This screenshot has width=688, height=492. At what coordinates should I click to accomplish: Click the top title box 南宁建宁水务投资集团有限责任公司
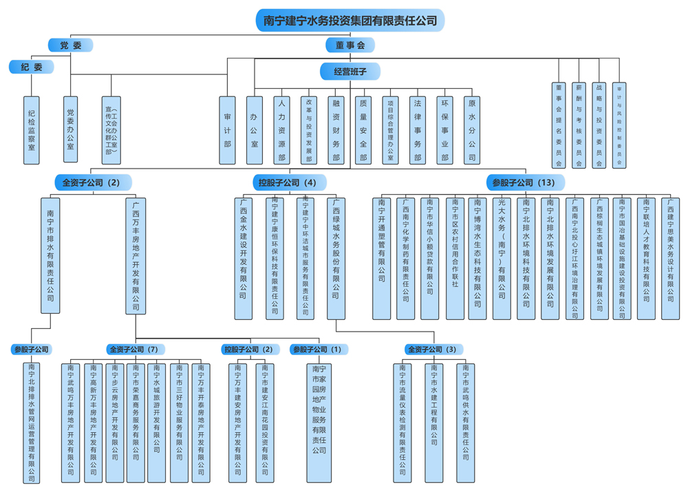pyautogui.click(x=350, y=21)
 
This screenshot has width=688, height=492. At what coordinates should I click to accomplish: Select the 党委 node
pyautogui.click(x=70, y=45)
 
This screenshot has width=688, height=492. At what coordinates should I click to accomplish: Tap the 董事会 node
pyautogui.click(x=350, y=45)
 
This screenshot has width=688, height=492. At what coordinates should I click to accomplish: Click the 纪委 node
pyautogui.click(x=32, y=67)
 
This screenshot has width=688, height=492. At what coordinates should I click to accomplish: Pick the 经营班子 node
pyautogui.click(x=350, y=71)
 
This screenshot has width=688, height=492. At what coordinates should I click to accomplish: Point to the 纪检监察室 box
pyautogui.click(x=32, y=129)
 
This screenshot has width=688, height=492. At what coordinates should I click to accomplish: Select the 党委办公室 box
pyautogui.click(x=70, y=129)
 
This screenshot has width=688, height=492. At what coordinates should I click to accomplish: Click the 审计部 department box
pyautogui.click(x=227, y=129)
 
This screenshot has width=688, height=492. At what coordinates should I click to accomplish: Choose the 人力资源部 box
pyautogui.click(x=281, y=129)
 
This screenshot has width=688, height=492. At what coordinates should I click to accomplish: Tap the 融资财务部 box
pyautogui.click(x=336, y=129)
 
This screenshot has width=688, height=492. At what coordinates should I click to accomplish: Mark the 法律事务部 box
pyautogui.click(x=417, y=129)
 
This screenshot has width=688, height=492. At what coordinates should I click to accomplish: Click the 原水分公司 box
pyautogui.click(x=471, y=129)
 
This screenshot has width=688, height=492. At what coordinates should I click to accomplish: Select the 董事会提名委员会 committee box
pyautogui.click(x=559, y=125)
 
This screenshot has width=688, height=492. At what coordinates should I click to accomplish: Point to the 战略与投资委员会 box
pyautogui.click(x=599, y=125)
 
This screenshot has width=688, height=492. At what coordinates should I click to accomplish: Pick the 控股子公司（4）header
pyautogui.click(x=288, y=183)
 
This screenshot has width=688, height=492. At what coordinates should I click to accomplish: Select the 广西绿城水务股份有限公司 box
pyautogui.click(x=336, y=258)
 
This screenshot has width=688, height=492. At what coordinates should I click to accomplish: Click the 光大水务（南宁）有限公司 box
pyautogui.click(x=502, y=258)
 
